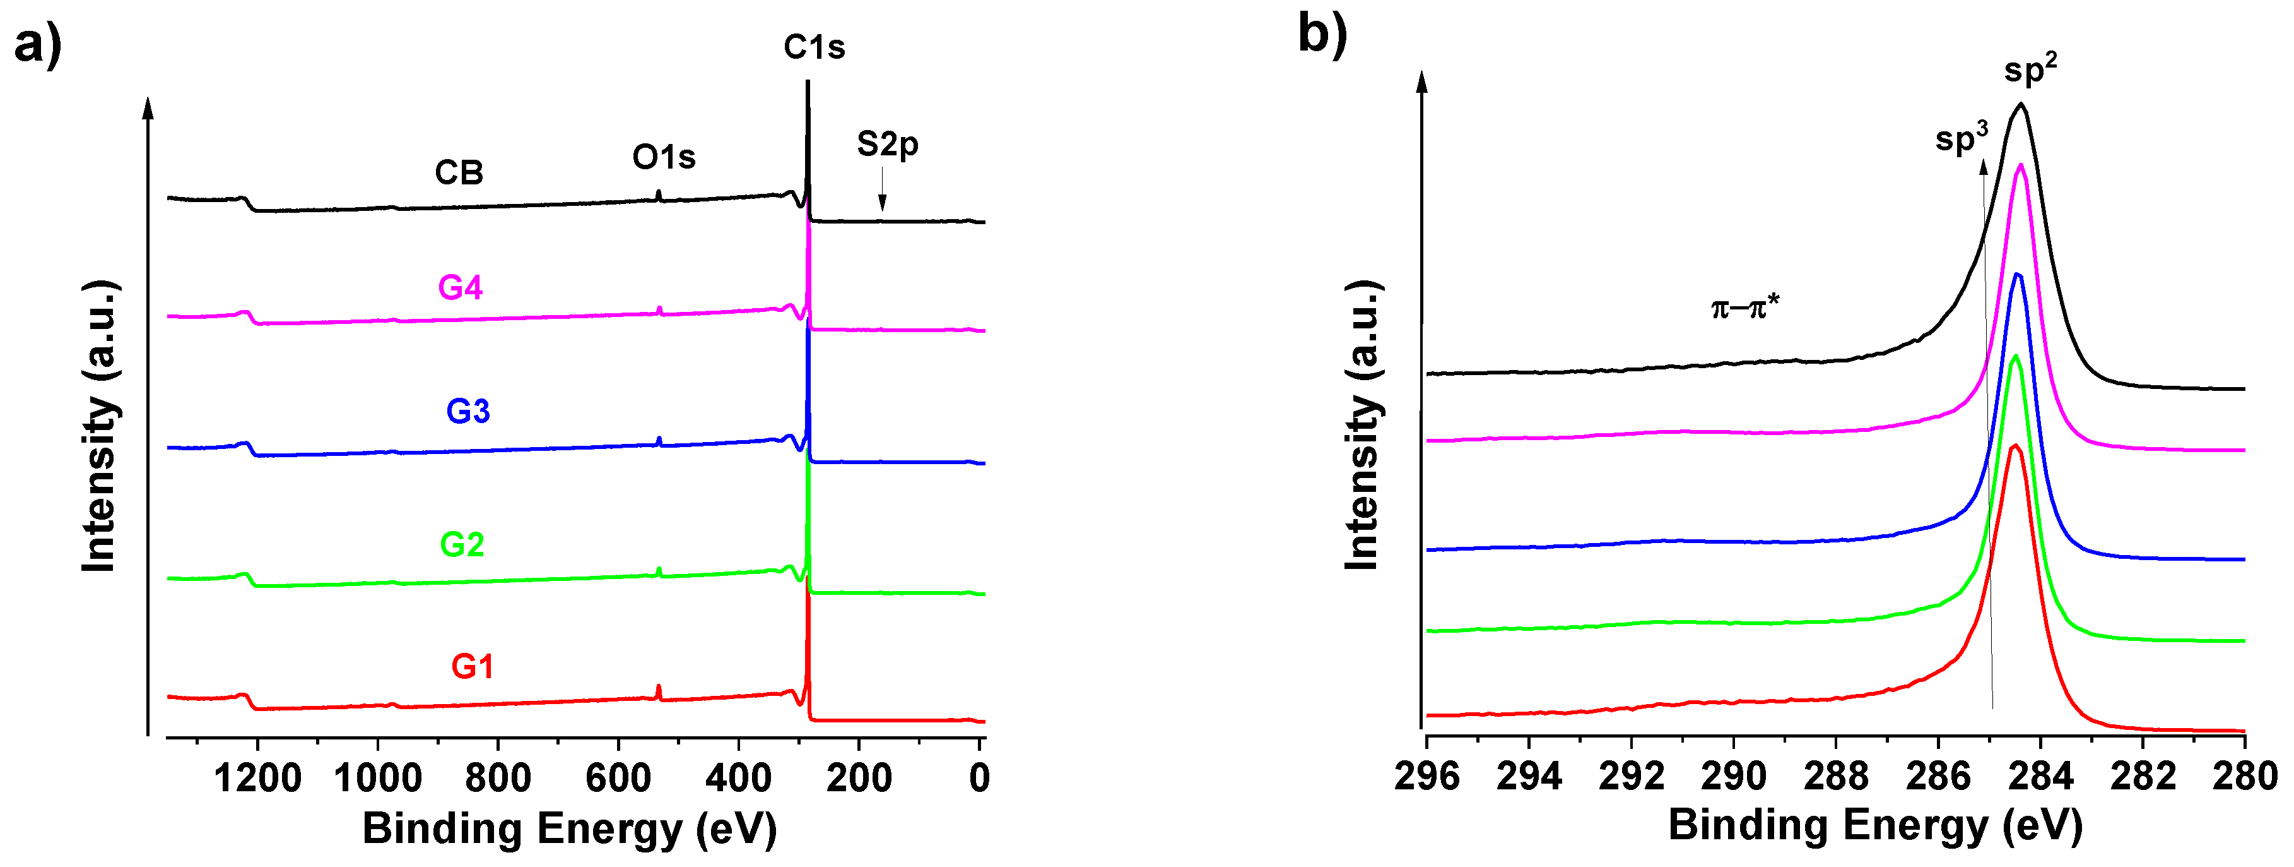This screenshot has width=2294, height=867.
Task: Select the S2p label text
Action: (887, 143)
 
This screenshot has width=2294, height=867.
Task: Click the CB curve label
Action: (459, 172)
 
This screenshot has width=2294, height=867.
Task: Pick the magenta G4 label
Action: (461, 287)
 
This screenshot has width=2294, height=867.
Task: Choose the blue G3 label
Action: (468, 411)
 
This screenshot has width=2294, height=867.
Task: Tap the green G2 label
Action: (462, 544)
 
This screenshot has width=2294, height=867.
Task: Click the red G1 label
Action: (472, 666)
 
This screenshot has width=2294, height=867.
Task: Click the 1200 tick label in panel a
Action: (257, 778)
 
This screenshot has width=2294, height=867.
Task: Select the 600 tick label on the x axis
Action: (618, 778)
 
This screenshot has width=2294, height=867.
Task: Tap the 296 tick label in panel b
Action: (1426, 776)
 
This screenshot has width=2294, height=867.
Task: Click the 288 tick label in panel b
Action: (1835, 776)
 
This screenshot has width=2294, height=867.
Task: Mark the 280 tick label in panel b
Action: (2244, 776)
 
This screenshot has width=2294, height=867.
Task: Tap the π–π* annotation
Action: (1744, 308)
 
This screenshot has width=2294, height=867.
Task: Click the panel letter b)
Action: (1322, 34)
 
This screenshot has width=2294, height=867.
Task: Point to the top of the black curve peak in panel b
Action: (2021, 104)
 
